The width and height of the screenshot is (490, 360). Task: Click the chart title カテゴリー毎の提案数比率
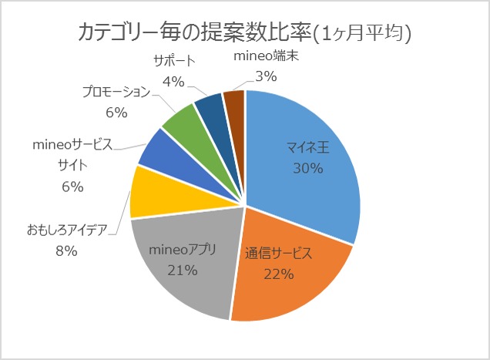coord(196,33)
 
